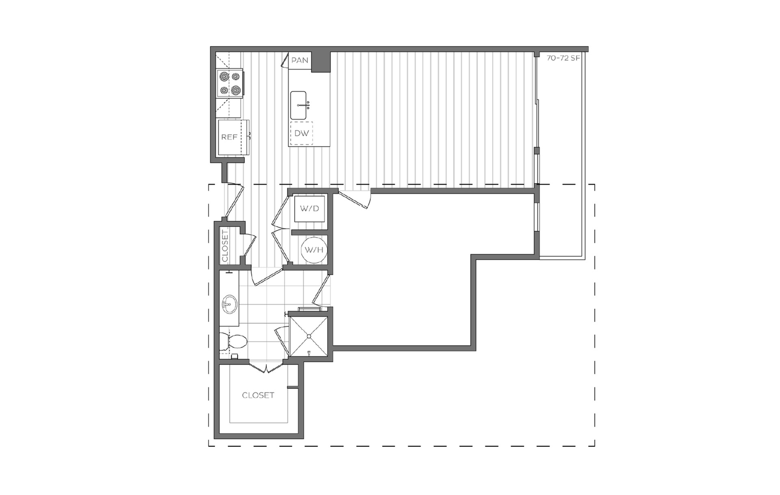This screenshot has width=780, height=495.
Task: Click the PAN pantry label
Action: coord(300,60)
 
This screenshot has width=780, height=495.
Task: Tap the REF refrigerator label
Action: coord(229,137)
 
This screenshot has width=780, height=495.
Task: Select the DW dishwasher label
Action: coord(301,133)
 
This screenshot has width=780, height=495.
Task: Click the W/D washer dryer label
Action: coord(310,209)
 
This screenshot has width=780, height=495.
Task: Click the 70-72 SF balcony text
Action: coord(563,58)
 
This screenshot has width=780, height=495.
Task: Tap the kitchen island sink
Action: coord(299,105)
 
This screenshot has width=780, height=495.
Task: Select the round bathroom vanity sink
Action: coord(230,304)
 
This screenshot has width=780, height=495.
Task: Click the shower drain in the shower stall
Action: coord(309,336)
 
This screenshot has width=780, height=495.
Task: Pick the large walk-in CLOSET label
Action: coord(258,395)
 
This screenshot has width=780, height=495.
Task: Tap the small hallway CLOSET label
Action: coord(225,246)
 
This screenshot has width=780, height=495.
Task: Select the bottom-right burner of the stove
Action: coord(236,90)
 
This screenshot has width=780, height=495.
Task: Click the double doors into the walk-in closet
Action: coord(266,367)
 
